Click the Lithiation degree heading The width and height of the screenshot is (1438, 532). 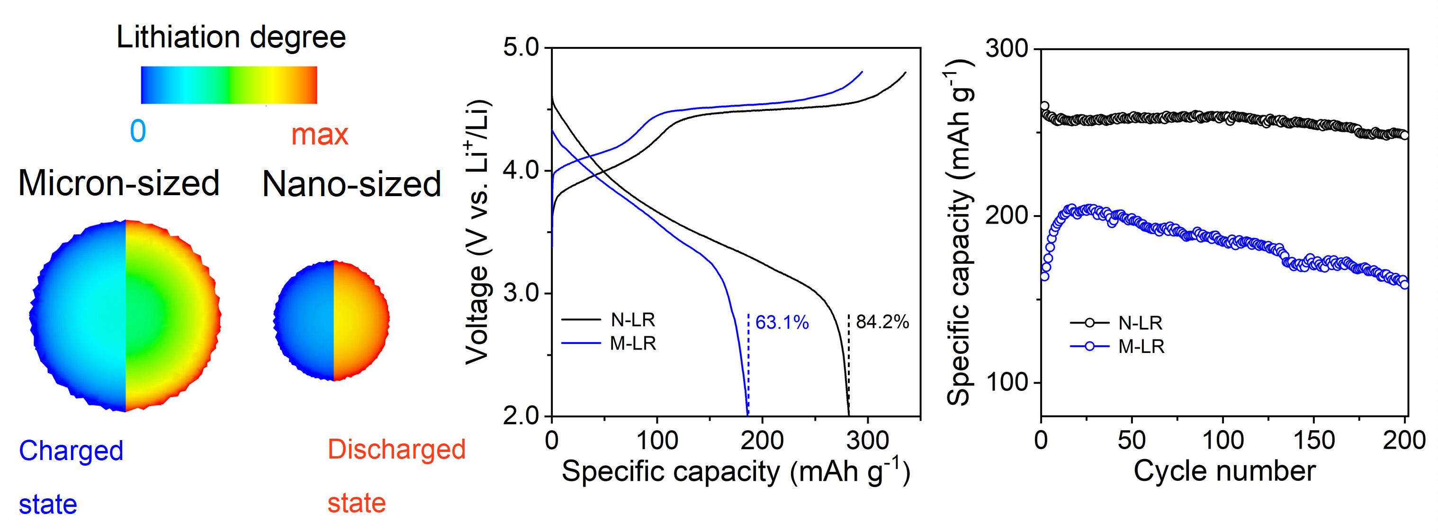231,37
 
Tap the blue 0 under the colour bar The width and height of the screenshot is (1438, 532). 138,132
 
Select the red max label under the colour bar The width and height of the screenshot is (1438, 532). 319,135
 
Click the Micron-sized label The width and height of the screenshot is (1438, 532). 118,183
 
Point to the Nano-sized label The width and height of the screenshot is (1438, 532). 351,184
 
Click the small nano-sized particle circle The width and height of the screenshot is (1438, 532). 332,320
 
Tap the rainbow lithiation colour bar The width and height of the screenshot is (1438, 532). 229,85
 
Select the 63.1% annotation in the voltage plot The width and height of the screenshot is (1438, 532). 782,323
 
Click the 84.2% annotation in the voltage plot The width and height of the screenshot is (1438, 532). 882,322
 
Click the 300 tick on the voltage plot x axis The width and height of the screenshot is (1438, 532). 868,441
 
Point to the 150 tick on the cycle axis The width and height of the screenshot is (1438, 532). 1314,441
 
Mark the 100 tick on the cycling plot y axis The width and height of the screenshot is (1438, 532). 1007,383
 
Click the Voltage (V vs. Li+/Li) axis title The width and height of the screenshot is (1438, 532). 478,232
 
